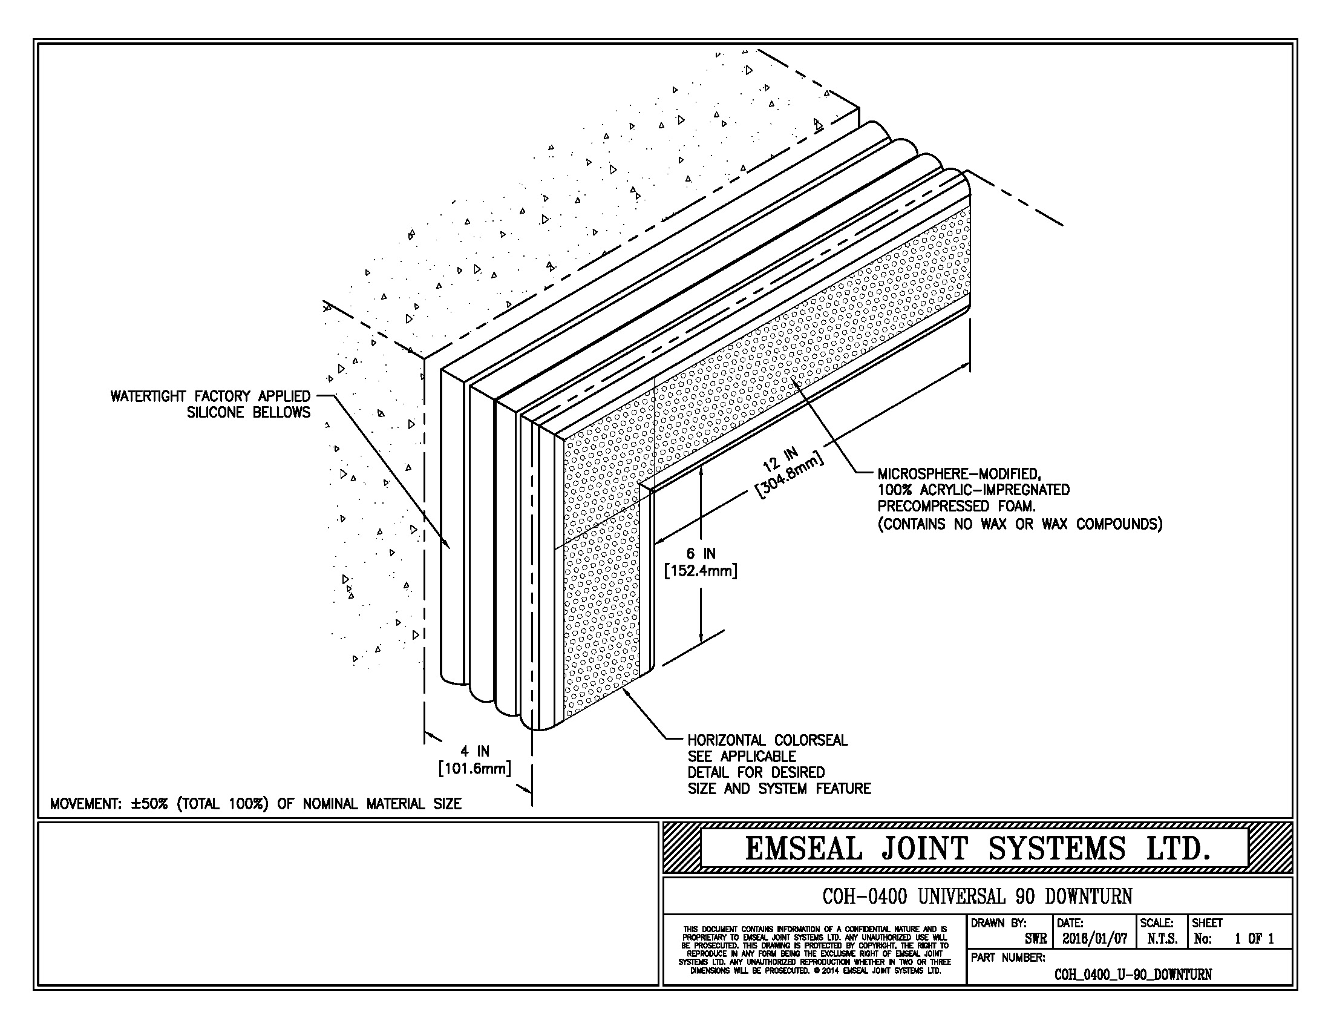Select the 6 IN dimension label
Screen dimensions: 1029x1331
pyautogui.click(x=701, y=553)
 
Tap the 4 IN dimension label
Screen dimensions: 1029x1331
pyautogui.click(x=475, y=751)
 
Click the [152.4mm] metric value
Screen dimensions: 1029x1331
pyautogui.click(x=701, y=571)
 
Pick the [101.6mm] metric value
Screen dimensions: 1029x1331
pyautogui.click(x=475, y=768)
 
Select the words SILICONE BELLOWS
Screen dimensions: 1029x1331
pyautogui.click(x=248, y=413)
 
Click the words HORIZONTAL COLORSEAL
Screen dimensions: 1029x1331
pyautogui.click(x=767, y=740)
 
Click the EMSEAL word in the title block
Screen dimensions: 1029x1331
pyautogui.click(x=803, y=849)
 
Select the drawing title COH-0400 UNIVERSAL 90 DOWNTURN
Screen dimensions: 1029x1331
pyautogui.click(x=977, y=896)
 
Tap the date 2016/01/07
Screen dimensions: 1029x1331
pyautogui.click(x=1094, y=939)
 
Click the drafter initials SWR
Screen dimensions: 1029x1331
pyautogui.click(x=1036, y=939)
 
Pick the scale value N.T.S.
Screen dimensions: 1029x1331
pyautogui.click(x=1162, y=939)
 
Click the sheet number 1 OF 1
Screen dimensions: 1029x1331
pyautogui.click(x=1254, y=939)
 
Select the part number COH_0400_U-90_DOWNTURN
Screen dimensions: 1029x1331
pyautogui.click(x=1133, y=974)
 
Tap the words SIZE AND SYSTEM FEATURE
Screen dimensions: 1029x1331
pyautogui.click(x=779, y=789)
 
